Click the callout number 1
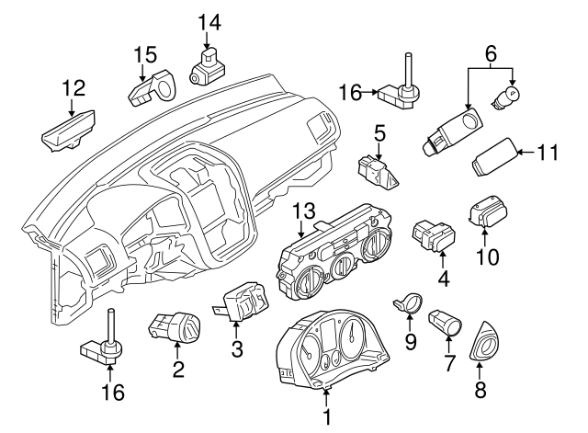click(325, 416)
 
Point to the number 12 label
click(73, 89)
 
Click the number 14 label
click(209, 20)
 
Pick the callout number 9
click(411, 342)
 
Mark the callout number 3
click(236, 349)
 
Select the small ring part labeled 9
click(411, 301)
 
